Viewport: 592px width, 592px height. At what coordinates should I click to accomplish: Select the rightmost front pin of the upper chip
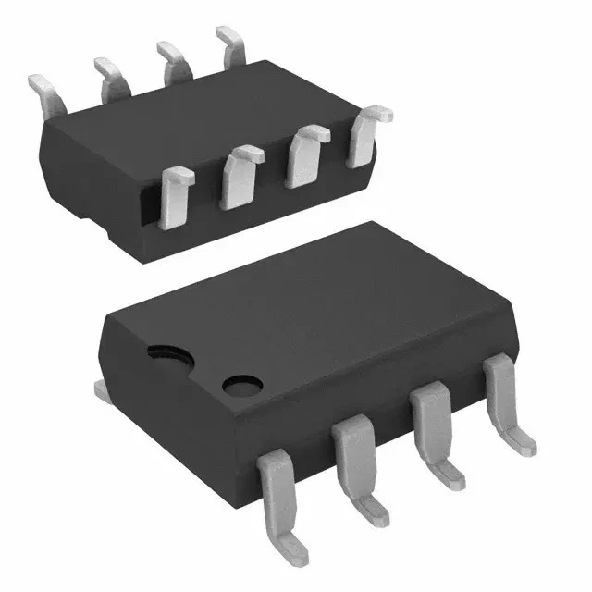click(x=366, y=135)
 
